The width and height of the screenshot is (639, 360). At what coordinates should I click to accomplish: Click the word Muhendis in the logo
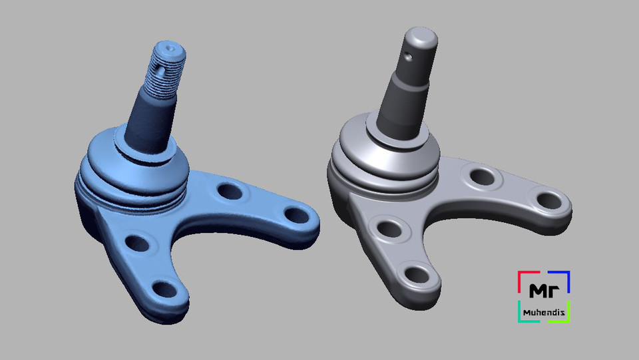coord(544,310)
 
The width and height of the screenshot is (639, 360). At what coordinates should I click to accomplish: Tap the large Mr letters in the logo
coord(543,291)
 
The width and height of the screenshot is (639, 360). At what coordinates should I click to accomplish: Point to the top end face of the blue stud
coord(170,49)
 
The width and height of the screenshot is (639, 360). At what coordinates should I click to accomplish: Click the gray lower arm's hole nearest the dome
coord(387,228)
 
